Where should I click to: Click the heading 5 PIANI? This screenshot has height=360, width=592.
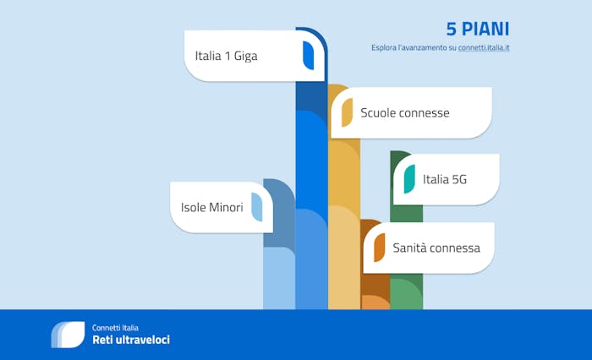point(478,29)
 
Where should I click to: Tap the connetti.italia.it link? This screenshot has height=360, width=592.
point(484,48)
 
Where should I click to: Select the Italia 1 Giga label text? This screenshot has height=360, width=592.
point(226,56)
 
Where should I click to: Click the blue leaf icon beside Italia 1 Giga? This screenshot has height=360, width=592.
point(308,56)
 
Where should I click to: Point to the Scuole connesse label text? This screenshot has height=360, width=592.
point(405,113)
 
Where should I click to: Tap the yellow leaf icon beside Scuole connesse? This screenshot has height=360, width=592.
point(347,112)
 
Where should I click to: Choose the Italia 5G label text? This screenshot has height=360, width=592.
point(445,179)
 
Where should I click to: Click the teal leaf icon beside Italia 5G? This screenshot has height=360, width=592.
point(409,179)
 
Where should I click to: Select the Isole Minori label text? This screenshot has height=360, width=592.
point(211,207)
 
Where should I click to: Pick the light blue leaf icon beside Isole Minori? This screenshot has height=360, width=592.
point(257,207)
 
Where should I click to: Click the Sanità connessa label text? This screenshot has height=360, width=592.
point(436,248)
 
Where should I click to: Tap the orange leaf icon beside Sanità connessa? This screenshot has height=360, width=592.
point(380,248)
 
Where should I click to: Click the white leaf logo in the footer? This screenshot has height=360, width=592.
point(68,335)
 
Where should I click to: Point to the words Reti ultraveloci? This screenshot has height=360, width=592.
point(131,340)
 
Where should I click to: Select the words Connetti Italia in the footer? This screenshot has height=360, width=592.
point(115,328)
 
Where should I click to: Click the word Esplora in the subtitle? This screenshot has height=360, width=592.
point(384,48)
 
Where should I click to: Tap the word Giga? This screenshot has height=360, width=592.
point(246,57)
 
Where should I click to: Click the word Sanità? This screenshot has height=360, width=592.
point(409,248)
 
